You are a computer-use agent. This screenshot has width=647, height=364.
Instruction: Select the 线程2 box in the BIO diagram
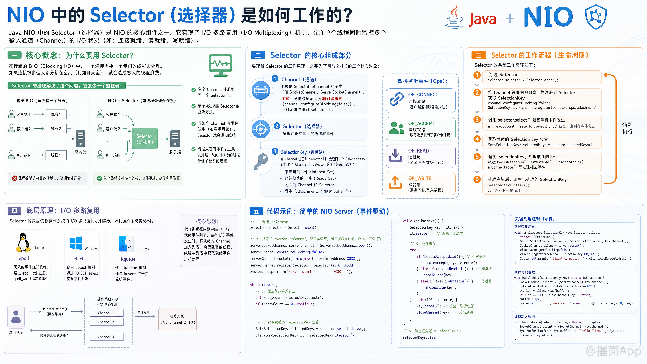[x=56, y=128]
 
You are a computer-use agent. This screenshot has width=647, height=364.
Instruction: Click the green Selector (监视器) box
[x=145, y=139]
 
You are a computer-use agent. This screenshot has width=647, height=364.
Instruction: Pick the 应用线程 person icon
[x=16, y=316]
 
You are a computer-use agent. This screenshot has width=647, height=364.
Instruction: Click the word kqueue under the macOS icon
[x=128, y=259]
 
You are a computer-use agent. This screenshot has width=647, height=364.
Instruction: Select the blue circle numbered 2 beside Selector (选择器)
[x=277, y=126]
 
